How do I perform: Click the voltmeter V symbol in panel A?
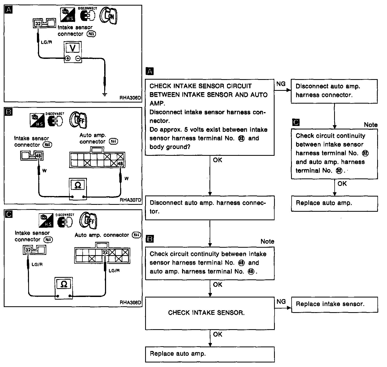coord(73,48)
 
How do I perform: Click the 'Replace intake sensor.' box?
coord(334,304)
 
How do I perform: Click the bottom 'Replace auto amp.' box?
coord(210,354)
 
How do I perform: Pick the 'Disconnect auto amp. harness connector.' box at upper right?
coord(334,91)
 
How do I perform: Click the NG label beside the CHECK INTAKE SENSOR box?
coord(281,301)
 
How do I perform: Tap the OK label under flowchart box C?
coord(342,183)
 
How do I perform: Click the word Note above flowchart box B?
coord(267,241)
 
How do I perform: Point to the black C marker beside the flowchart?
coord(295,123)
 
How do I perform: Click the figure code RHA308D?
coord(131,302)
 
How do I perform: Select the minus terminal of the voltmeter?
coord(78,59)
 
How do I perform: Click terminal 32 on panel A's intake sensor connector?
coord(38,24)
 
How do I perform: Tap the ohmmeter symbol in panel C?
coord(64,284)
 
